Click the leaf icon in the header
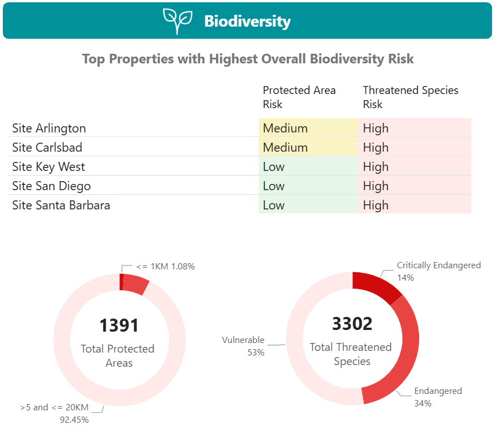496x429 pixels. [178, 21]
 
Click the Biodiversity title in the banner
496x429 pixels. [247, 22]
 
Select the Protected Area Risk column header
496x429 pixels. [299, 97]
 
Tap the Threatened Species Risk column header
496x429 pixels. [411, 97]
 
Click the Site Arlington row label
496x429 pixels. [49, 128]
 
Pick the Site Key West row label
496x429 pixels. [49, 167]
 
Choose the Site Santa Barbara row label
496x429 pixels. [61, 205]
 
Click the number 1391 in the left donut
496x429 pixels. [119, 325]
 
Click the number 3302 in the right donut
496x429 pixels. [352, 324]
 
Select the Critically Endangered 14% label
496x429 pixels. [438, 271]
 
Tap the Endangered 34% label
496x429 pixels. [438, 397]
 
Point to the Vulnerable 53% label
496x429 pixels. [243, 346]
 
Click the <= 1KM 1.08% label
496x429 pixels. [166, 266]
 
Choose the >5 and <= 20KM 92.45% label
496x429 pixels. [54, 413]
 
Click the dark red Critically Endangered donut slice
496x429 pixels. [376, 285]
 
